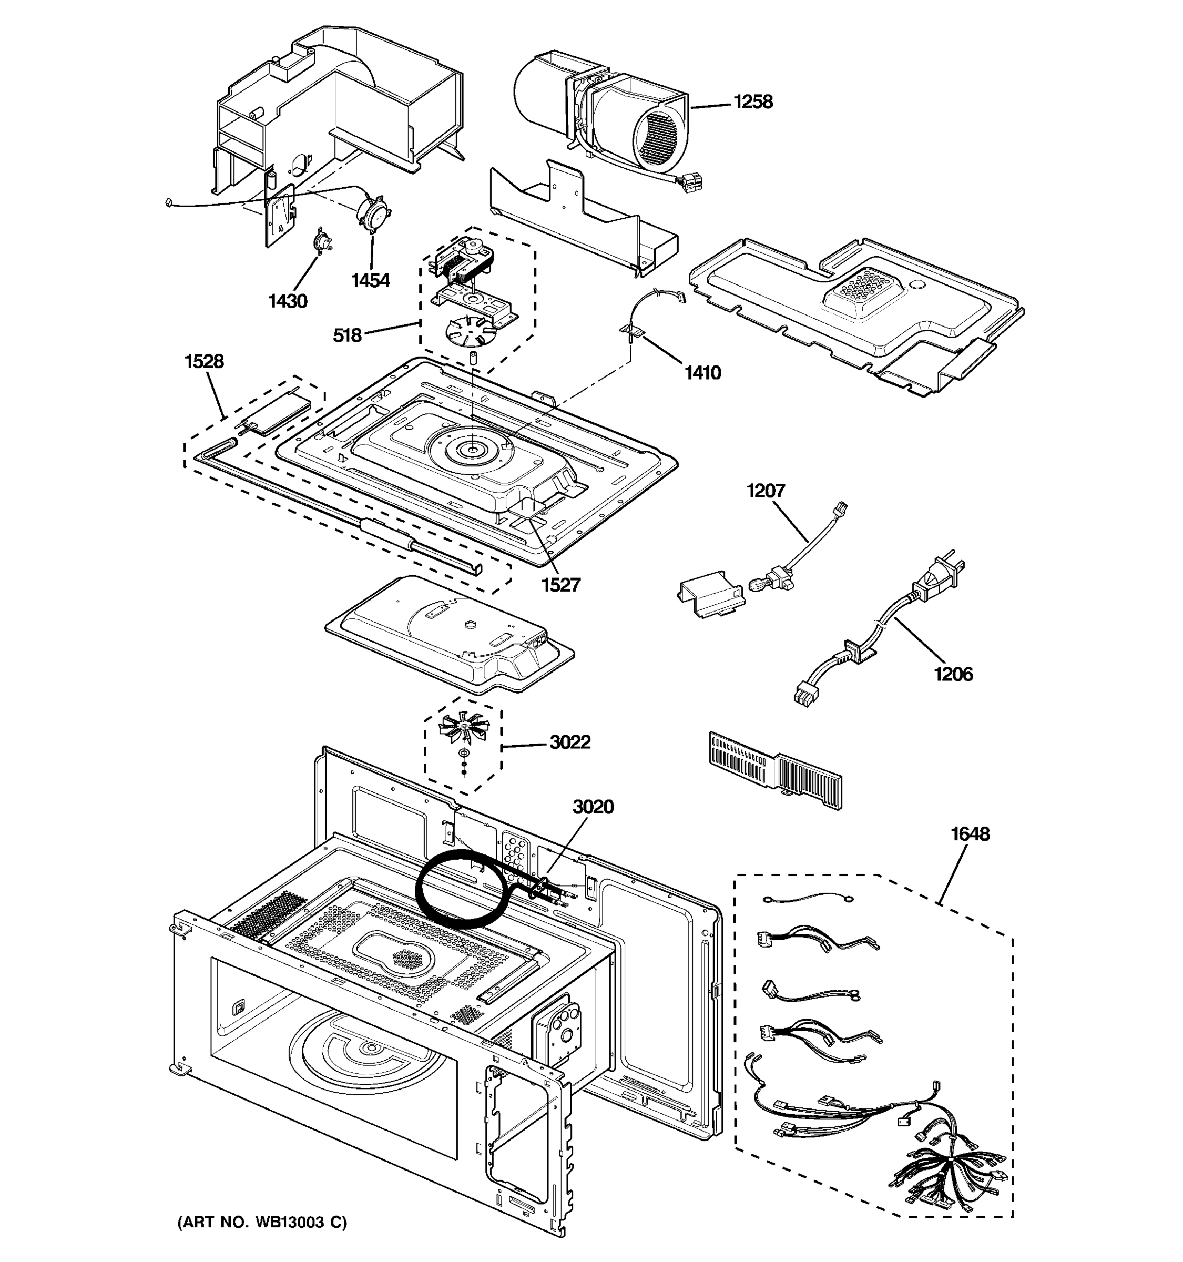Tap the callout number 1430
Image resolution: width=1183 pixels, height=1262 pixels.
[x=288, y=301]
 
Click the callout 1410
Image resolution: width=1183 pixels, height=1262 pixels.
[x=702, y=373]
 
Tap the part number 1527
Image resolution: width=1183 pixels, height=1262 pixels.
[x=560, y=585]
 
